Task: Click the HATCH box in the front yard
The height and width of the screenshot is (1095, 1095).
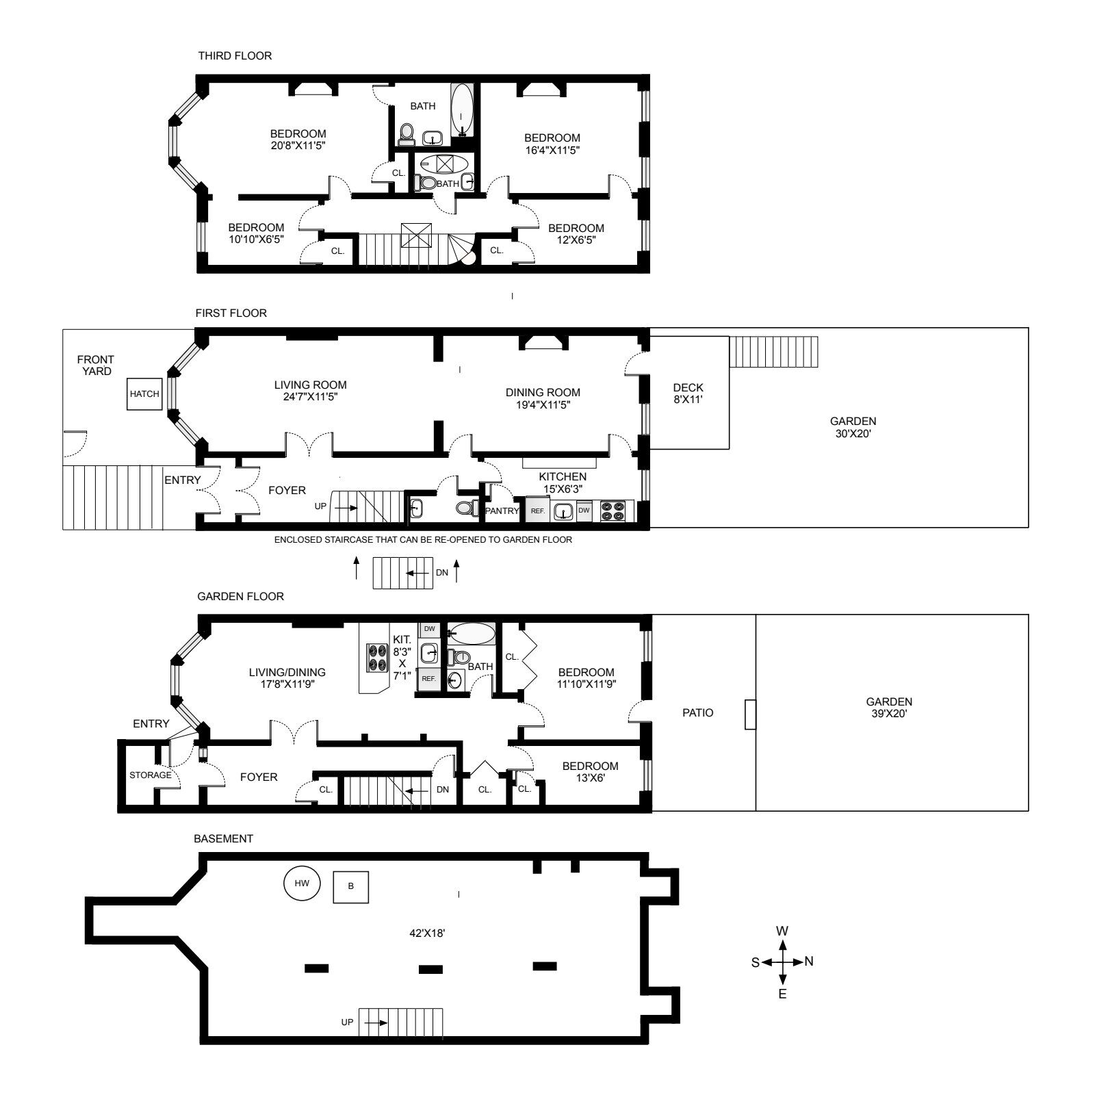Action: tap(144, 394)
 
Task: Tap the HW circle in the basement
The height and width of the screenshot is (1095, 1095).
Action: tap(302, 884)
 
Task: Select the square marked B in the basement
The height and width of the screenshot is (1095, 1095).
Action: tap(351, 886)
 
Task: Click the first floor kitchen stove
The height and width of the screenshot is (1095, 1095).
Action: tap(613, 511)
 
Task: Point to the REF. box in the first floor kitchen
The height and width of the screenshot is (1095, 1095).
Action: tap(537, 511)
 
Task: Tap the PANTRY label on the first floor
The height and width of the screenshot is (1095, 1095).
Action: tap(502, 511)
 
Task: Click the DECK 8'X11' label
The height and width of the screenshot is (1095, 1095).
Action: tap(688, 394)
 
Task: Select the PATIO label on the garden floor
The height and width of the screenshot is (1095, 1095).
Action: tap(698, 713)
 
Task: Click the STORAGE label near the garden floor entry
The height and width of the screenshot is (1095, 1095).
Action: tap(151, 775)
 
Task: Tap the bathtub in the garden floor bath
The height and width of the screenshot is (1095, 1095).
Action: tap(471, 633)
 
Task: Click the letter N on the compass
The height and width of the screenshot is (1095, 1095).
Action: tap(809, 962)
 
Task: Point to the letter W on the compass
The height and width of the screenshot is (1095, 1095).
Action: tap(782, 931)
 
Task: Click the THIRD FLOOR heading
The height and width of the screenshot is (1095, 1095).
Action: tap(235, 56)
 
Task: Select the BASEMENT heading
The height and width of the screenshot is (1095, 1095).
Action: tap(223, 839)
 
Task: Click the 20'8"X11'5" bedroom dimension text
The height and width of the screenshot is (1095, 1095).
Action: tap(298, 146)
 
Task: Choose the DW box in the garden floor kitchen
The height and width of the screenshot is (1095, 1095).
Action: tap(429, 629)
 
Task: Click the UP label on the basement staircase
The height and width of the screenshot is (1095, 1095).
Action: tap(348, 1022)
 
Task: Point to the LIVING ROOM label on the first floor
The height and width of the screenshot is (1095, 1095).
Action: tap(311, 385)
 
